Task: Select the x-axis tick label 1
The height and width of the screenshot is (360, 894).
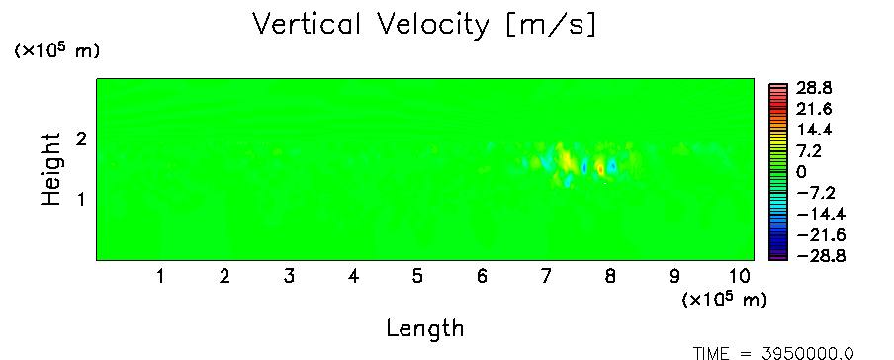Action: [x=161, y=277]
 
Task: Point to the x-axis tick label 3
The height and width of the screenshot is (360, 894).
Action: [x=289, y=277]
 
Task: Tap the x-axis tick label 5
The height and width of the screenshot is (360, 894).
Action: [x=418, y=277]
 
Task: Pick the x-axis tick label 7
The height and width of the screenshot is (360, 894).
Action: [x=546, y=277]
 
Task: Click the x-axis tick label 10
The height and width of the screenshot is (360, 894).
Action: [x=739, y=277]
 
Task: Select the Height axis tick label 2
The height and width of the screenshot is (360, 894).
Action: [x=81, y=138]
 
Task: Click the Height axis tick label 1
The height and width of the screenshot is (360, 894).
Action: [x=81, y=200]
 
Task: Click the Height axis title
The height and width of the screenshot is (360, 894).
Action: [x=50, y=169]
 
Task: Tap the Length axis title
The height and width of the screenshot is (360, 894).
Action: [x=425, y=329]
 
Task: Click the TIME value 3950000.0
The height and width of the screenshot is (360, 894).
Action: [x=809, y=353]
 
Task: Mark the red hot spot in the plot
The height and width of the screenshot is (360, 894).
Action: [x=600, y=168]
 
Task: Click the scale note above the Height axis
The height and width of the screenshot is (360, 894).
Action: [x=56, y=50]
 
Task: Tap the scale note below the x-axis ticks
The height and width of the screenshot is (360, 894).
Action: [x=724, y=299]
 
